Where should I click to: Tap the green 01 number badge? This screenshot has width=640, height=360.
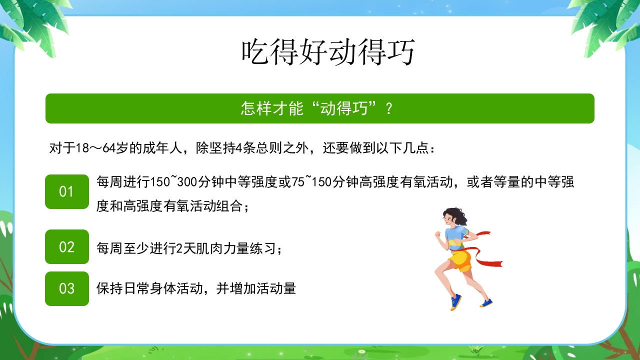tap(67, 192)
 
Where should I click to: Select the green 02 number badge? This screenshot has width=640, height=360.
tap(67, 247)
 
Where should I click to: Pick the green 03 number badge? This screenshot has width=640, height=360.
tap(67, 288)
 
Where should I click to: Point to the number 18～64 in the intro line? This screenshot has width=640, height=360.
tap(96, 148)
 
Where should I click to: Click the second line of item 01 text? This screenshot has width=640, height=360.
tap(172, 206)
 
